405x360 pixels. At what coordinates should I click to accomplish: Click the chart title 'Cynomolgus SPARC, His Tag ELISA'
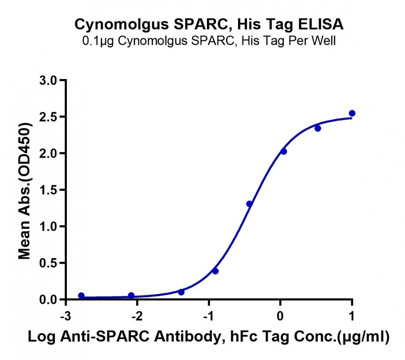pyautogui.click(x=209, y=24)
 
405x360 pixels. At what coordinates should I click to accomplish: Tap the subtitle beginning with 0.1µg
pyautogui.click(x=209, y=41)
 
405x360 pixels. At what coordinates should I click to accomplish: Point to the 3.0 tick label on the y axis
pyautogui.click(x=48, y=80)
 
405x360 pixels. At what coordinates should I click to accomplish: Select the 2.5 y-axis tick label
pyautogui.click(x=48, y=117)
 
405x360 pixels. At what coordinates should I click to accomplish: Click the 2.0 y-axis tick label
pyautogui.click(x=48, y=153)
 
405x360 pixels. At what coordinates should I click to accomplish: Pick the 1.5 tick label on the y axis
pyautogui.click(x=48, y=190)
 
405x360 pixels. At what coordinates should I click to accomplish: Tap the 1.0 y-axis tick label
pyautogui.click(x=48, y=226)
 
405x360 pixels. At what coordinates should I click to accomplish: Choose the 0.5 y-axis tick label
pyautogui.click(x=48, y=263)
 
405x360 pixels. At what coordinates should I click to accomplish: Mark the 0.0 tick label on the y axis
pyautogui.click(x=48, y=299)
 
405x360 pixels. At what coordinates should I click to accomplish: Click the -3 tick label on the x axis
pyautogui.click(x=66, y=316)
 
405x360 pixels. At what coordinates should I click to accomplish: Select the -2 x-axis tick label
pyautogui.click(x=137, y=316)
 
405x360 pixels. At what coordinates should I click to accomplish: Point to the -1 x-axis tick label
pyautogui.click(x=208, y=316)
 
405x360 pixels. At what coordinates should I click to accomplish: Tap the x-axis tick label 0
pyautogui.click(x=280, y=316)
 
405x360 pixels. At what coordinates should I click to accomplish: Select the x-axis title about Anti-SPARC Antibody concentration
pyautogui.click(x=208, y=337)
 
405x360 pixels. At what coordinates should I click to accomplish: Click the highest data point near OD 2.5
pyautogui.click(x=352, y=113)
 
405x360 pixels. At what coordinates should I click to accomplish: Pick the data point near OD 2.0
pyautogui.click(x=283, y=151)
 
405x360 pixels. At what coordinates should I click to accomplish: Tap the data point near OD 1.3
pyautogui.click(x=249, y=204)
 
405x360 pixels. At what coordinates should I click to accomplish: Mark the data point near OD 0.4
pyautogui.click(x=215, y=271)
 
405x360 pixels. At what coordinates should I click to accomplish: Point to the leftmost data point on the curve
pyautogui.click(x=81, y=296)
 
